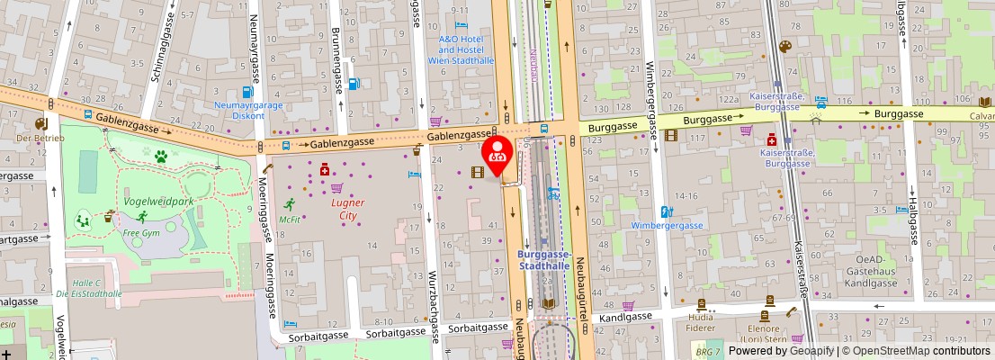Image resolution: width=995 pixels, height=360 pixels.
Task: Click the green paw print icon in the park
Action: click(161, 157)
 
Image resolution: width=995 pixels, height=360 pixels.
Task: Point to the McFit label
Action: click(289, 219)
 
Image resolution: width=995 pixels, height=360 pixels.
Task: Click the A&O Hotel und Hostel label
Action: click(466, 49)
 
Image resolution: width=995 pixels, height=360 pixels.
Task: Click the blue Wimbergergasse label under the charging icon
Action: click(667, 225)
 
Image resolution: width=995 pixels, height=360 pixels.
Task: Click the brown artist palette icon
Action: click(784, 47)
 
